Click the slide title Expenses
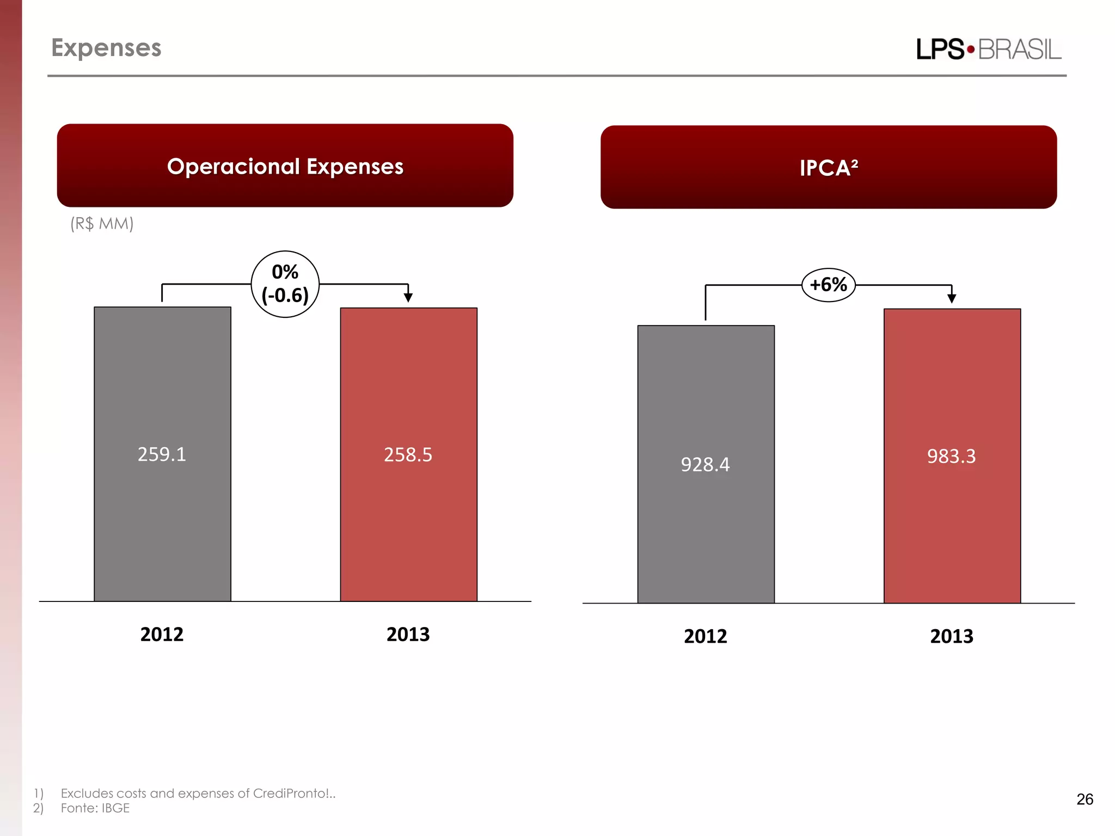(x=106, y=48)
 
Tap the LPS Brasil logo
(x=988, y=50)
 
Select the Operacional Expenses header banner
(x=285, y=165)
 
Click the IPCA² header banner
(x=828, y=167)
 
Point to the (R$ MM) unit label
(x=102, y=224)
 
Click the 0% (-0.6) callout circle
(x=285, y=284)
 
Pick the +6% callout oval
(x=828, y=285)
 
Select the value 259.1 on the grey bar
(x=162, y=454)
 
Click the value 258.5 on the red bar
(x=408, y=454)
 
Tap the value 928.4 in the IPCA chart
(x=705, y=464)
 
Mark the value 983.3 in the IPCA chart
(x=951, y=456)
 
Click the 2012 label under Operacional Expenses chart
(x=162, y=635)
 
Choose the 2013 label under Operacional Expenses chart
(x=408, y=635)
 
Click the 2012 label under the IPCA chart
(x=705, y=636)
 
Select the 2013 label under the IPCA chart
(x=951, y=636)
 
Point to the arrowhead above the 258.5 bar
(x=408, y=297)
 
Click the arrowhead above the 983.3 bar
(x=952, y=298)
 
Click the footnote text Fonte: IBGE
(x=95, y=808)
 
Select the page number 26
(x=1085, y=799)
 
